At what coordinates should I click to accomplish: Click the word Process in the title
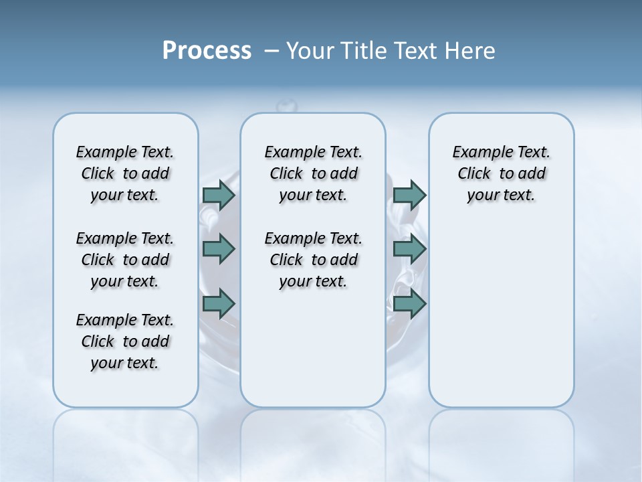207,51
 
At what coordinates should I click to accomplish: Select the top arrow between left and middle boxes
219,195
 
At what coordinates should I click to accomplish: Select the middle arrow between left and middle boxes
219,249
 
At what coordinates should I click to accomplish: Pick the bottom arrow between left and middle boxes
219,304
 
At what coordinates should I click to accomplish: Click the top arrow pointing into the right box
410,195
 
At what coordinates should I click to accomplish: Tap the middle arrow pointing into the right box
410,249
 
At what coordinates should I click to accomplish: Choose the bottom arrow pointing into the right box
410,304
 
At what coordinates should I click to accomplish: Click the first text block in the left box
125,173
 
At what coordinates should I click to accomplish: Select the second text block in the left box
125,260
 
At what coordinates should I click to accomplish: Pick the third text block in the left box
125,341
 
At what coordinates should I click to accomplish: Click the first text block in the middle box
313,173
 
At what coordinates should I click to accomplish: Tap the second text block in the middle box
313,260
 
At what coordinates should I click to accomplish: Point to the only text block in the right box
501,173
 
